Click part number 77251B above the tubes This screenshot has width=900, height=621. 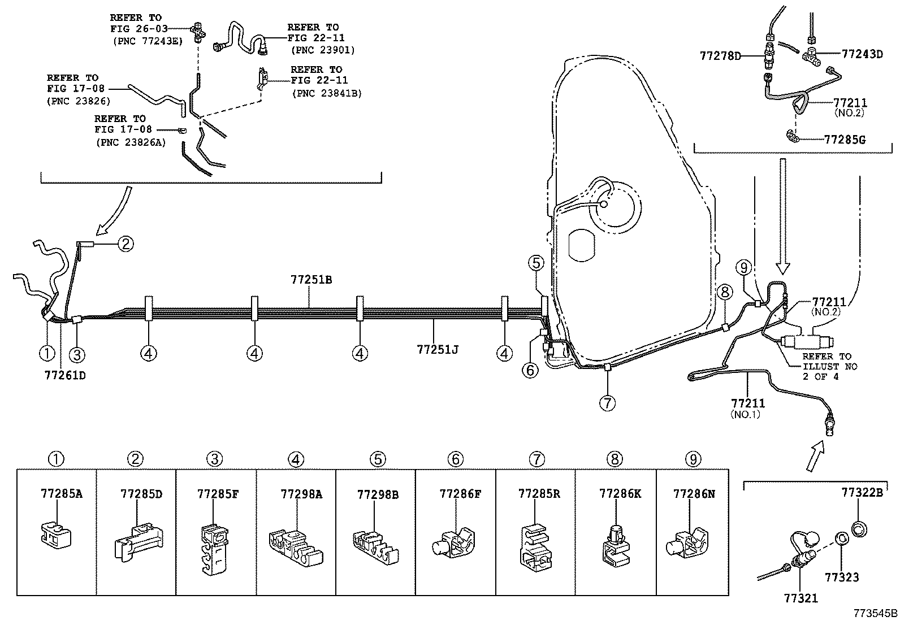coord(311,279)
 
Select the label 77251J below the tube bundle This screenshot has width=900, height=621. coord(437,350)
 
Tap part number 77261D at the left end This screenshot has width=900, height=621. coord(65,374)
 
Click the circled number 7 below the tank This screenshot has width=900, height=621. coord(607,403)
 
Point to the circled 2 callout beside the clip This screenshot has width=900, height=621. coord(126,244)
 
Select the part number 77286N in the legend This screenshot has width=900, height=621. coord(694,493)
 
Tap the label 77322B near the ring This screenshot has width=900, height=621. coord(861,492)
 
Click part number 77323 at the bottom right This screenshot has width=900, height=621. coord(841,577)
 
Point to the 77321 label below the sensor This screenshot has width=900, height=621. coord(801,598)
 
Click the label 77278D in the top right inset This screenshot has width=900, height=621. coord(720,55)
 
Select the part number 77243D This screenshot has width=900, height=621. coord(862,54)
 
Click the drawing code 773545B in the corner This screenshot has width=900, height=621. coord(875,613)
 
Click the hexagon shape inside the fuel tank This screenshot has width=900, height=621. coord(582,246)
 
